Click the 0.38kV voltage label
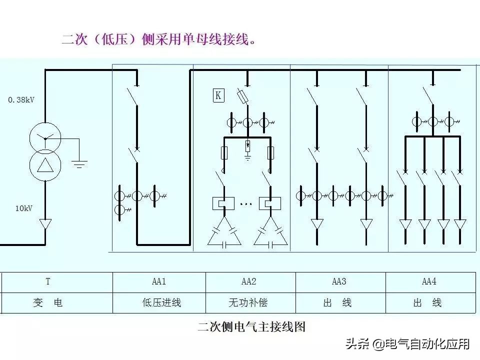pos(21,100)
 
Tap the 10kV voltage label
pos(23,208)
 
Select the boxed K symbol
pos(218,95)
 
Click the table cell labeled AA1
pos(158,282)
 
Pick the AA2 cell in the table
pos(248,282)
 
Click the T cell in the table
pos(48,282)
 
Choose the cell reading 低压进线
pos(158,303)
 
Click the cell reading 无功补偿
pos(248,303)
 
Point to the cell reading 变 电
pos(48,303)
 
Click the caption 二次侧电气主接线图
pos(251,327)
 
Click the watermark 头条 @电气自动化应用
pos(407,344)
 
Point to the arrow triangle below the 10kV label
pos(45,224)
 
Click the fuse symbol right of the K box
pos(241,96)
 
